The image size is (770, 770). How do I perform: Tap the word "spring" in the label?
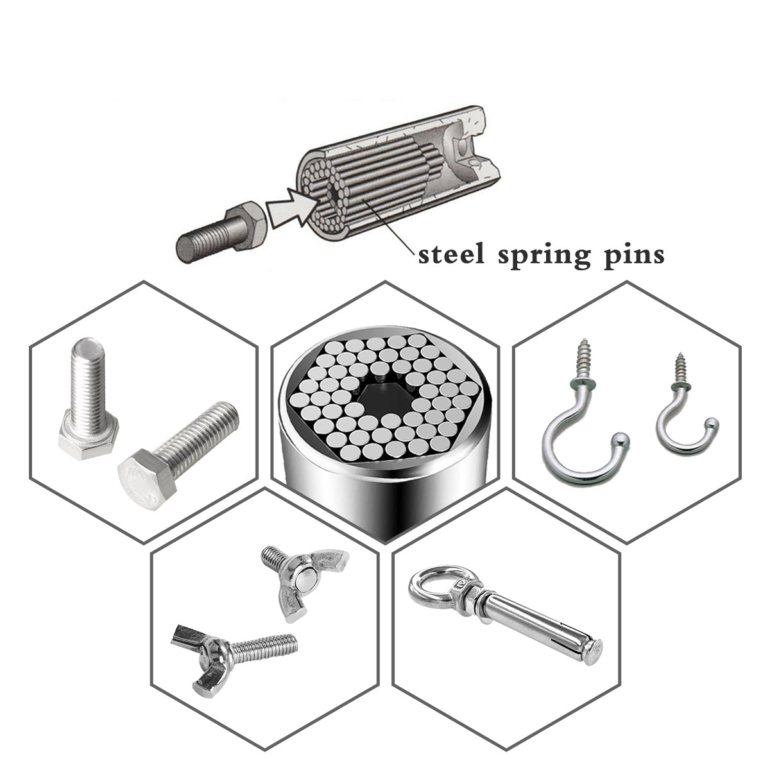544,257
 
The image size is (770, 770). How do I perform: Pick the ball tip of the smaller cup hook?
712,423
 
